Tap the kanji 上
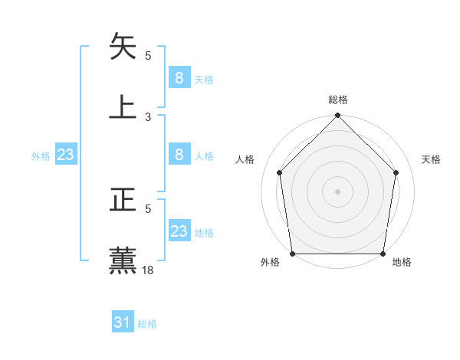pos(123,106)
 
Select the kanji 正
pos(123,201)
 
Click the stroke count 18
pos(149,270)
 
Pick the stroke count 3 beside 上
pos(148,116)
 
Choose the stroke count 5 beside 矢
pos(148,55)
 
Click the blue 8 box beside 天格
pos(179,77)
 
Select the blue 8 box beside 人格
pos(179,155)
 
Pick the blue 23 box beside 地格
pos(179,231)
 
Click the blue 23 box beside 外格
pos(66,155)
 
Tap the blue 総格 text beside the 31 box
pos(147,324)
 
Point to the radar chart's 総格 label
pos(337,100)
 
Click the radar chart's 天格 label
pos(432,159)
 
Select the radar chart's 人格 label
pos(245,159)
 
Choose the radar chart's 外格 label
pos(270,263)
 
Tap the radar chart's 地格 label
pos(402,263)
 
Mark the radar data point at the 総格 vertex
pos(337,116)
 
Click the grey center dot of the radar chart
pos(337,191)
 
